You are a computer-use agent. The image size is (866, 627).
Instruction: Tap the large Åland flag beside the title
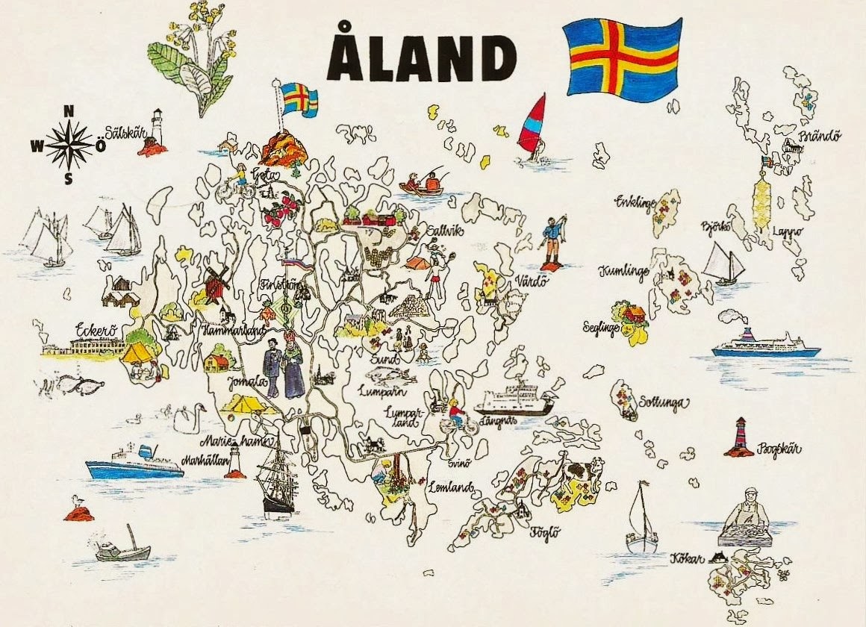(x=622, y=57)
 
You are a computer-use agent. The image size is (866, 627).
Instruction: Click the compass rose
(x=69, y=145)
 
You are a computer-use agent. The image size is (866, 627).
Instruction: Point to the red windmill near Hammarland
(x=216, y=282)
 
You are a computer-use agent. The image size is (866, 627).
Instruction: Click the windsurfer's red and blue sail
(x=532, y=125)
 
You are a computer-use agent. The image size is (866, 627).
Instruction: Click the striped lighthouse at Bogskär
(x=741, y=437)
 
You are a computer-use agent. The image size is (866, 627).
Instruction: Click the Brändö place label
(x=820, y=137)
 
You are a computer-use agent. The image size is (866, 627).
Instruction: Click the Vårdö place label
(x=532, y=282)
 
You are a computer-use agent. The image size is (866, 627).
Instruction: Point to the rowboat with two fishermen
(x=423, y=183)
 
